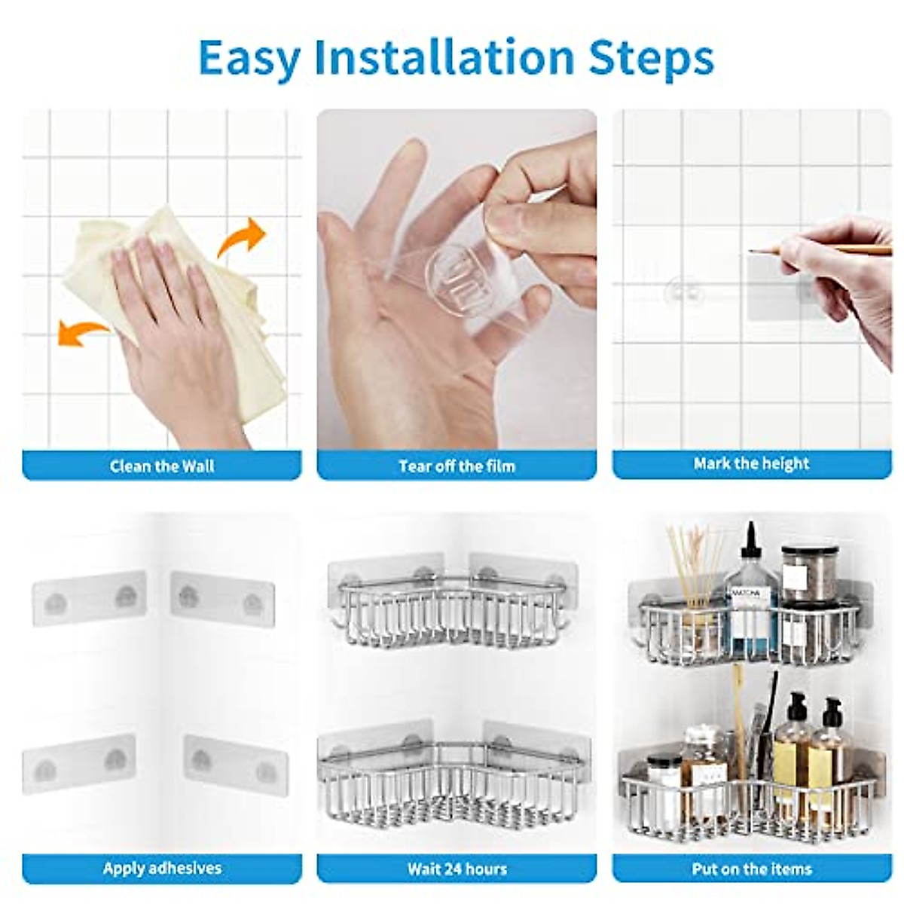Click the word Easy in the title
[x=249, y=58]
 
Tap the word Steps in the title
[x=651, y=58]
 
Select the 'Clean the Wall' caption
[x=162, y=466]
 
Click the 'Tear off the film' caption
[x=457, y=466]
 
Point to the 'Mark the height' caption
[x=752, y=463]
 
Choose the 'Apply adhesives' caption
[x=162, y=855]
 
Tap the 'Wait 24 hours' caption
[x=457, y=856]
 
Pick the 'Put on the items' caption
[x=752, y=856]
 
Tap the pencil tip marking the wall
[x=750, y=252]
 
